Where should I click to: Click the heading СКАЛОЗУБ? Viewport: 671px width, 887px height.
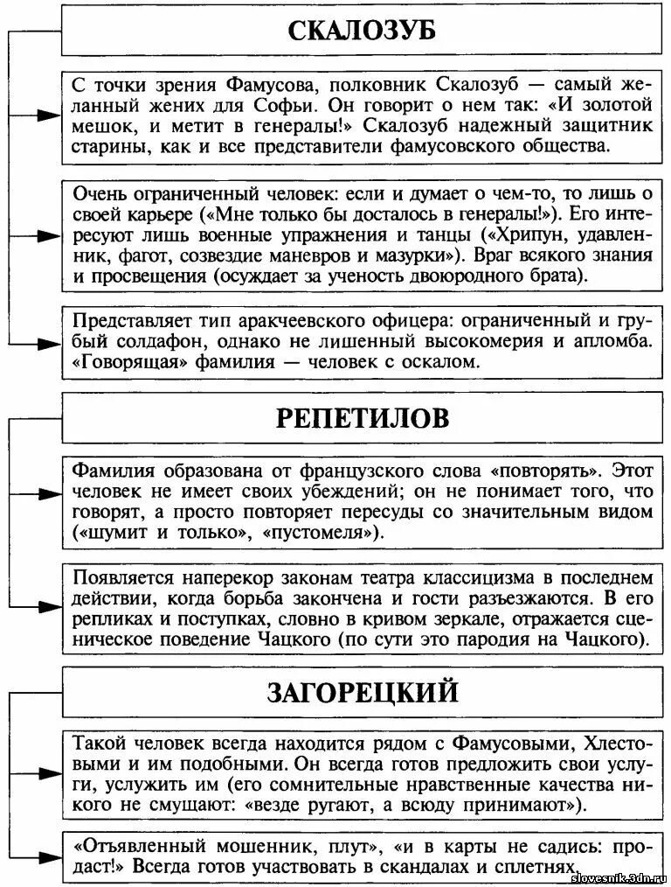[362, 32]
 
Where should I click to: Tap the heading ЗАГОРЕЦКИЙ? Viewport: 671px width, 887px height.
[362, 694]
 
